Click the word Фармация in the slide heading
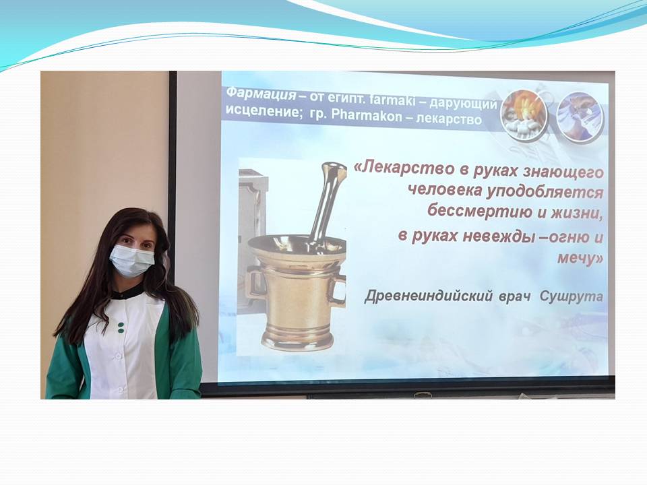tap(261, 94)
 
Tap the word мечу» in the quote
tap(580, 258)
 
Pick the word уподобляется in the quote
tap(545, 191)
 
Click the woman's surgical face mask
tap(131, 259)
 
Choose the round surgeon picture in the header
tap(580, 117)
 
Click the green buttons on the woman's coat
tap(121, 327)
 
